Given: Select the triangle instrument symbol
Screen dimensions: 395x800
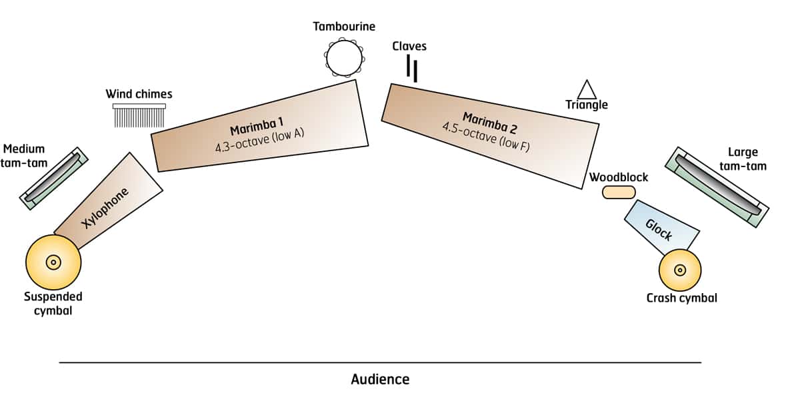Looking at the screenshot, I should (x=587, y=90).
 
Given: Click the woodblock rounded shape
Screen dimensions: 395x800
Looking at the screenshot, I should (x=619, y=193).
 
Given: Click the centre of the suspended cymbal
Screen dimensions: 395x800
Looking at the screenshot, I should (x=53, y=262).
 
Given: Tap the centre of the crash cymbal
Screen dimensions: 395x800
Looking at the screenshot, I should (x=680, y=270).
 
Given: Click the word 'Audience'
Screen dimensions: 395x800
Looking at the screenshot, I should (x=380, y=380).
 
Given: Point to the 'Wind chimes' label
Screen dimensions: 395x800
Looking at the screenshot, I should (x=139, y=94).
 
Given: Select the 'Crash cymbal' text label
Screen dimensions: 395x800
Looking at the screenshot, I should (x=682, y=298).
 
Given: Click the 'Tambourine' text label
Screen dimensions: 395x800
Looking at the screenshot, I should (x=344, y=27).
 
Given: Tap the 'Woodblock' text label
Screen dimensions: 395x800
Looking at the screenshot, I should (x=619, y=177).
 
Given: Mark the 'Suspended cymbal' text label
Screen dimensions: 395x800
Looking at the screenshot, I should (x=53, y=304).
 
